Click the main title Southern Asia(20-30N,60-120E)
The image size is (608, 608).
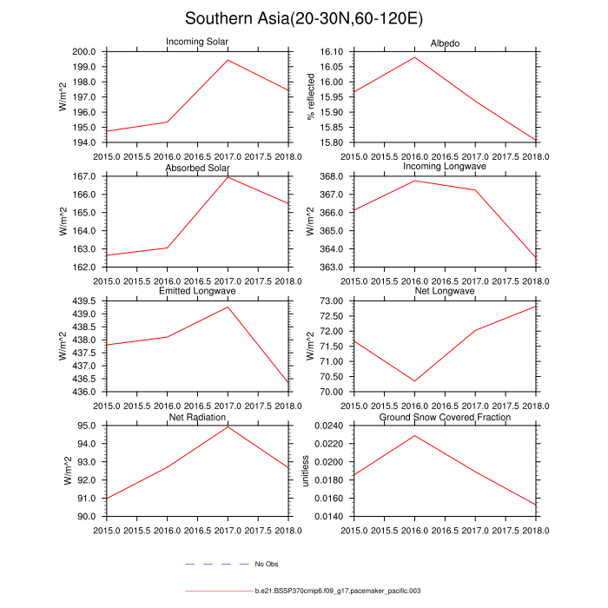pos(304,19)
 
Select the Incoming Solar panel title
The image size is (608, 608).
pos(197,43)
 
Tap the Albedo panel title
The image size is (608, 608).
pos(445,43)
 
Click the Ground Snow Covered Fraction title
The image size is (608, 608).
pos(445,418)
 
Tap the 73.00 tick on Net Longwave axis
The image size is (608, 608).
pos(334,301)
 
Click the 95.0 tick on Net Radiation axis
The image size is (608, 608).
pos(89,426)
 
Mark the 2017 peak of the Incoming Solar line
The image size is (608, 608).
pos(228,60)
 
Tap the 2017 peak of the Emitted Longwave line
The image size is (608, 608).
pos(228,307)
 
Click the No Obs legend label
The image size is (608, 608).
pos(266,565)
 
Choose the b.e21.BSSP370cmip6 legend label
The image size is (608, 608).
pos(338,591)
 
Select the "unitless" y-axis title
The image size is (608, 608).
pos(311,471)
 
